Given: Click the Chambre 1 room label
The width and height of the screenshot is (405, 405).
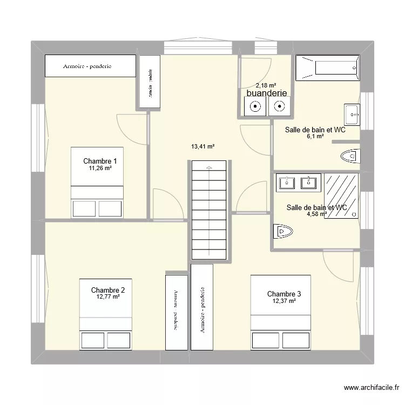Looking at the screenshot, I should [100, 161].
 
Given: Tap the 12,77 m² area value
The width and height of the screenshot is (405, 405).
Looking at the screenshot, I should [108, 296].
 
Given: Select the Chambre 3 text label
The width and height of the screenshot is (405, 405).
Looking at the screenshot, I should [284, 294].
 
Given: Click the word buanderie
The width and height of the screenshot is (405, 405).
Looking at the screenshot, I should [266, 93].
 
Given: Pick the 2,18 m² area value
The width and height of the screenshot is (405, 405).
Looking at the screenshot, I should [266, 85].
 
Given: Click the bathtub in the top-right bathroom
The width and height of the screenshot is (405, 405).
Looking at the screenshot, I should [328, 68].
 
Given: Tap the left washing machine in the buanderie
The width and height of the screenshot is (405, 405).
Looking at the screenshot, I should [253, 107].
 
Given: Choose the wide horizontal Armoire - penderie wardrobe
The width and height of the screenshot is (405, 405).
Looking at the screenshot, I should [89, 66].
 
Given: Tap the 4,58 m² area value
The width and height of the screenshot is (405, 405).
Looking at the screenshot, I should [317, 214].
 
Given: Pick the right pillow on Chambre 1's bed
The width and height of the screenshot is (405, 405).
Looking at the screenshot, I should [110, 208].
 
